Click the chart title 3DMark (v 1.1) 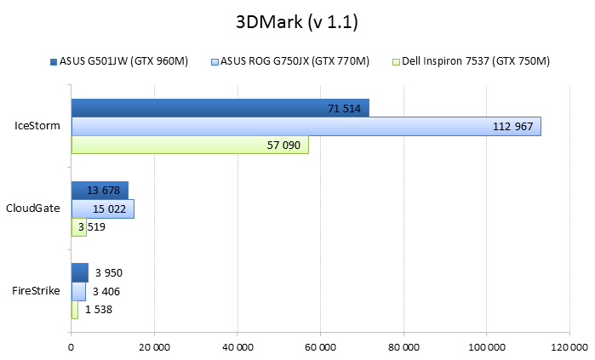pos(297,22)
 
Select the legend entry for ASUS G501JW pos(124,61)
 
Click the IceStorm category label pos(37,126)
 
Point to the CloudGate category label pos(33,209)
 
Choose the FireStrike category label pos(36,291)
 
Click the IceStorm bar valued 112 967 pos(306,126)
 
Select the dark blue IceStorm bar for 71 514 pos(220,107)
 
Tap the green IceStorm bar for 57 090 pos(190,145)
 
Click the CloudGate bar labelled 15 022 pos(102,209)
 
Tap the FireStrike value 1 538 pos(99,310)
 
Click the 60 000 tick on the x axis pos(320,347)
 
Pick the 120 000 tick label pos(569,347)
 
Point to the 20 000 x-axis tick pos(154,347)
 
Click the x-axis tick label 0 pos(72,347)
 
